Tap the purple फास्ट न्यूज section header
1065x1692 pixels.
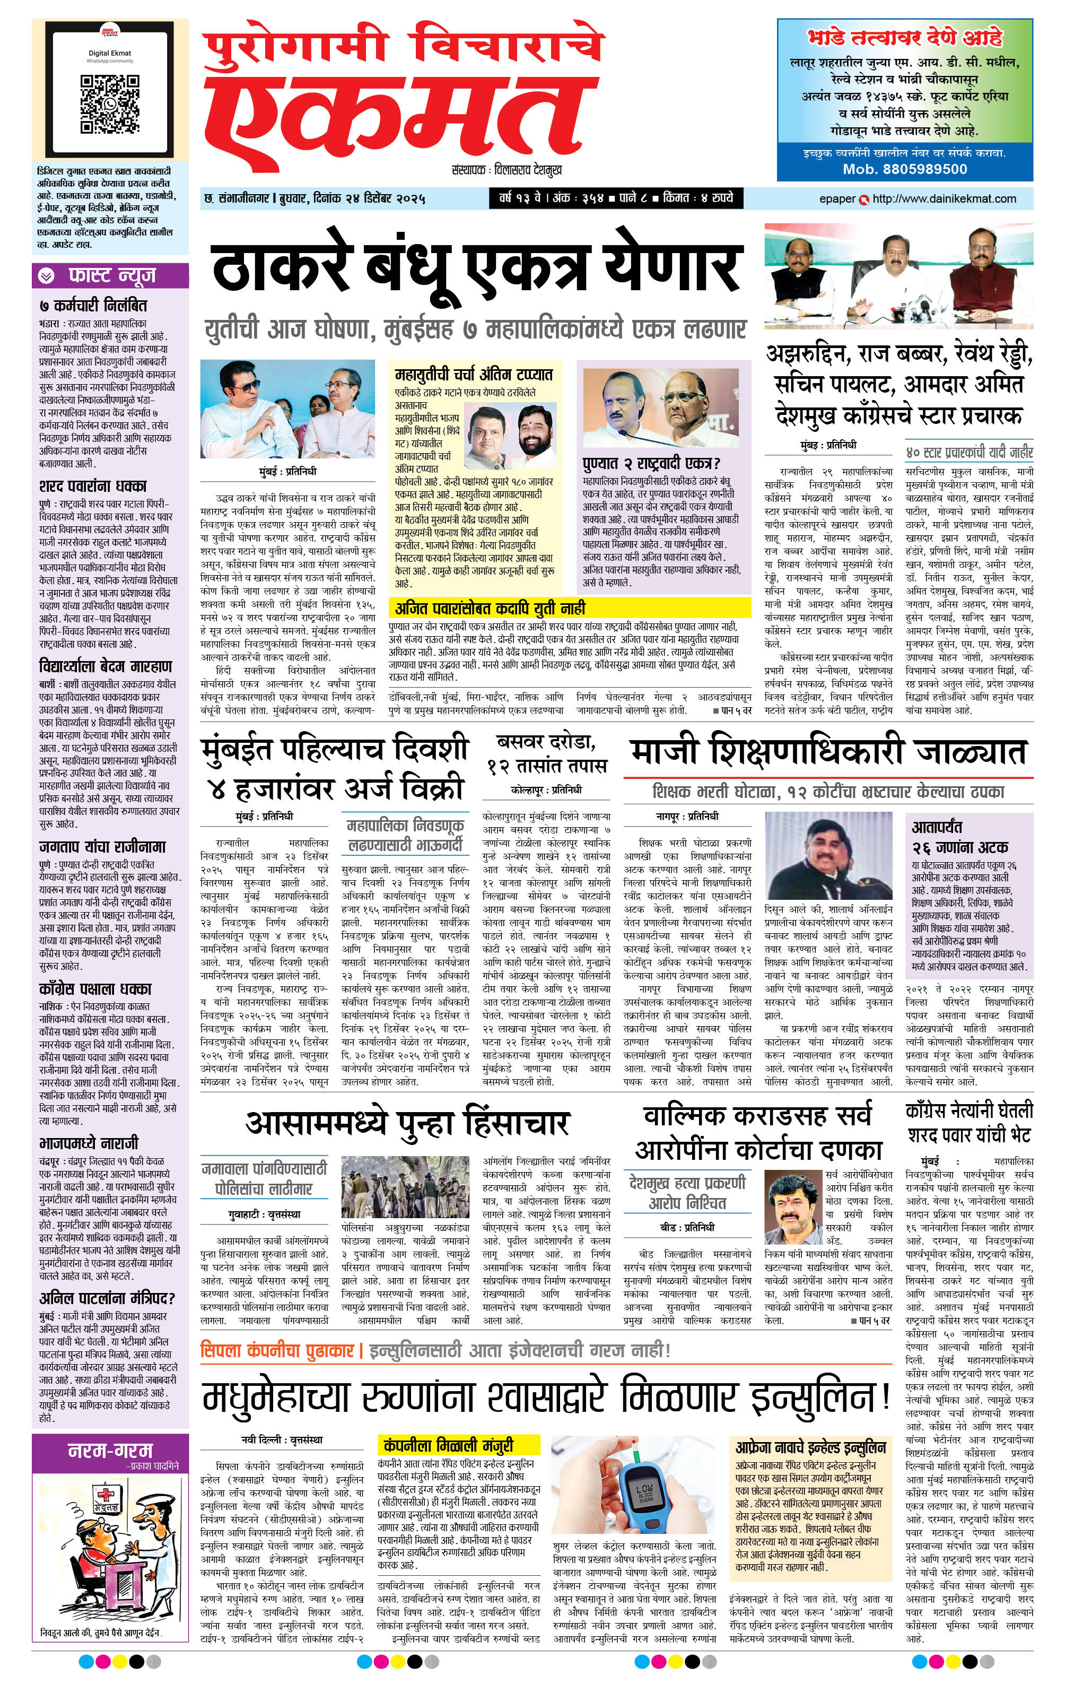click(111, 275)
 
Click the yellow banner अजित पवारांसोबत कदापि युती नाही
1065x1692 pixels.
click(490, 608)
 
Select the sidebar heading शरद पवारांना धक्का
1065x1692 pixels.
click(93, 486)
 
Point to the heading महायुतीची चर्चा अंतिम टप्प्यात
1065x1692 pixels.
click(474, 374)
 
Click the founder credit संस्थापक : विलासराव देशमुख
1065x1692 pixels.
click(507, 170)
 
